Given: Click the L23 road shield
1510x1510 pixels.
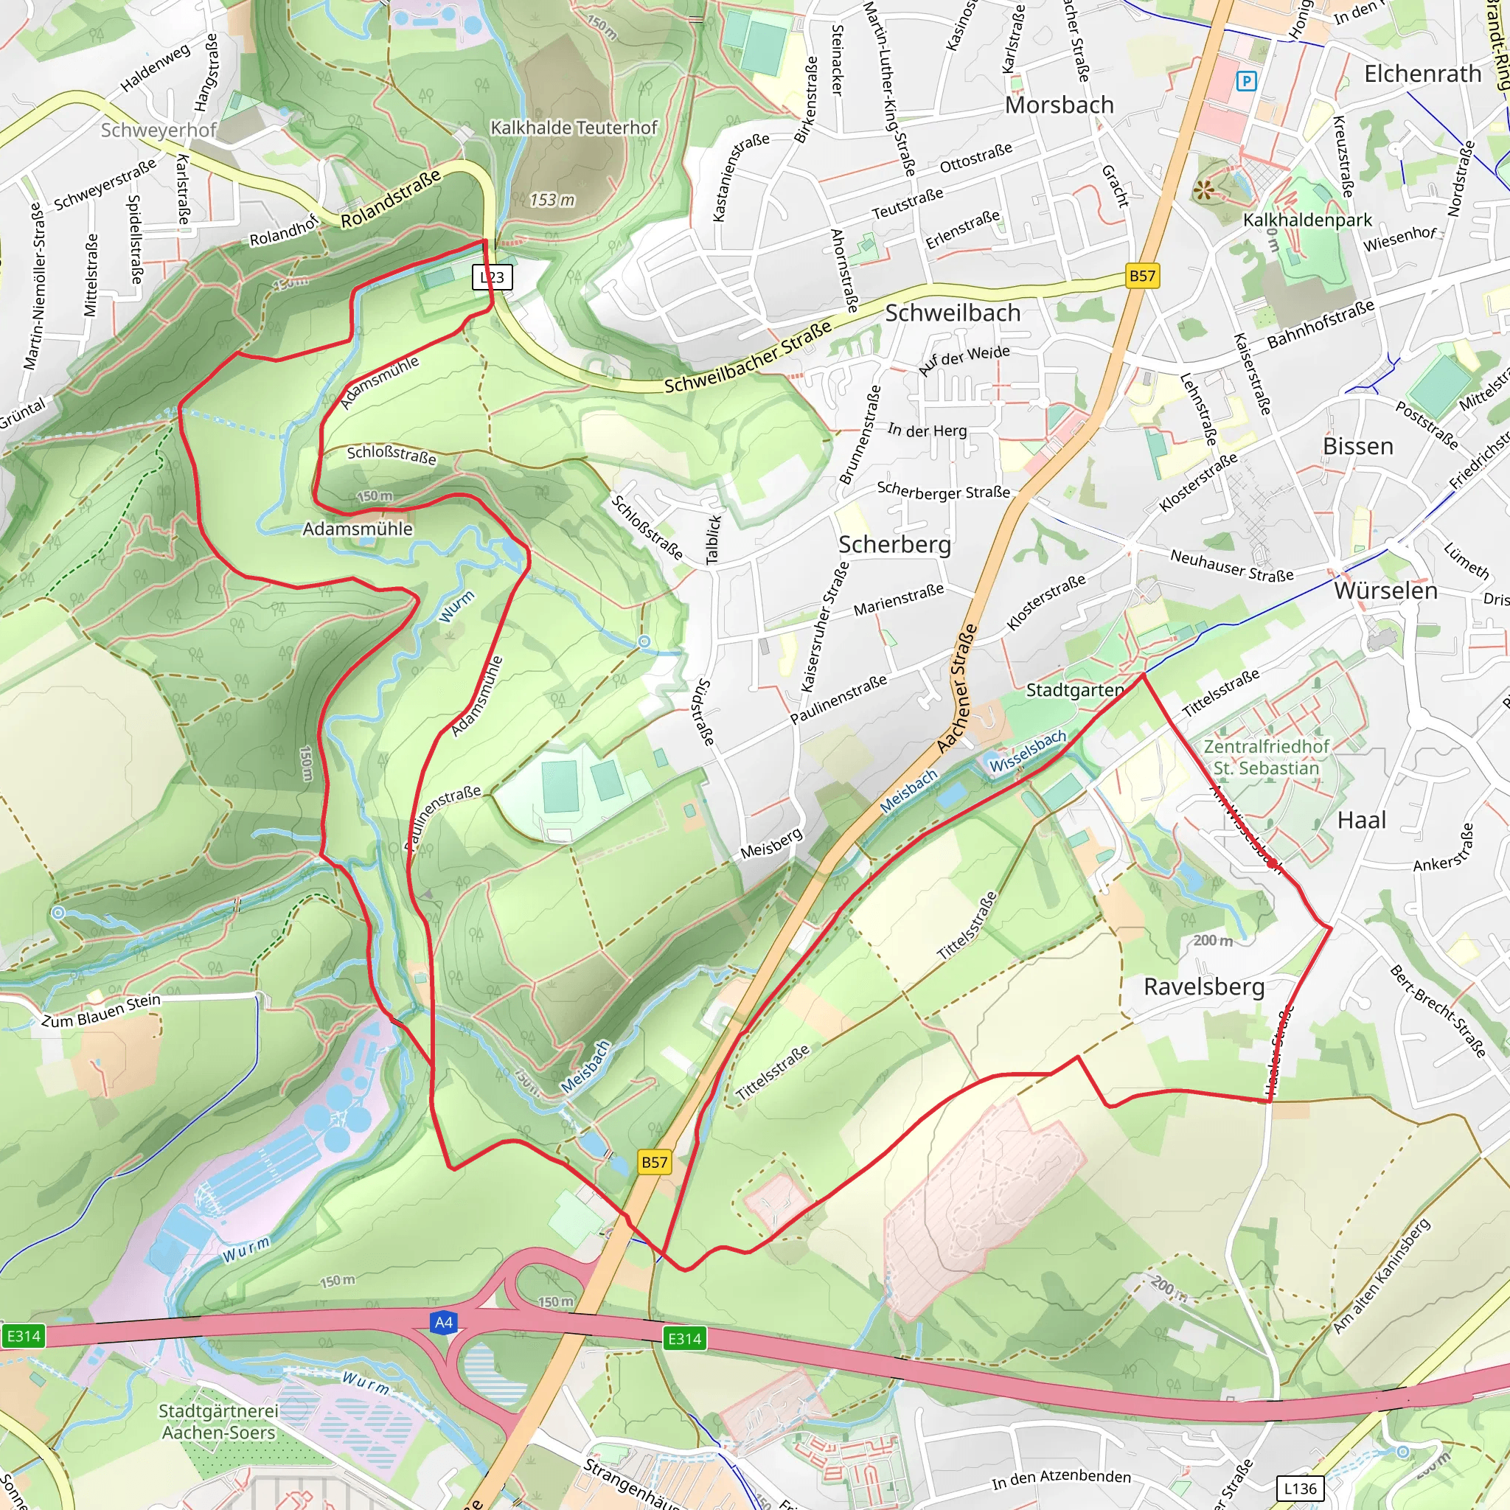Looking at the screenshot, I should click(x=492, y=276).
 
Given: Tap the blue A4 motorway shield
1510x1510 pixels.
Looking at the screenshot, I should click(x=443, y=1323).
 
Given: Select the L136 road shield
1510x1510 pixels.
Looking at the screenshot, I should click(x=1300, y=1488).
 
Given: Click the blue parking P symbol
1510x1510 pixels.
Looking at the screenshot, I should click(x=1247, y=80).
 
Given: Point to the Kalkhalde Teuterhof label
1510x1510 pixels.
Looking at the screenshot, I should click(x=574, y=128).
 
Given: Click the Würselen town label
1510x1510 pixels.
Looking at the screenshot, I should click(x=1385, y=590).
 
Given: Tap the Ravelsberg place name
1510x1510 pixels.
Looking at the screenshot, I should click(x=1203, y=987).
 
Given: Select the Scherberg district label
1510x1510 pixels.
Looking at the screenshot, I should click(x=894, y=544).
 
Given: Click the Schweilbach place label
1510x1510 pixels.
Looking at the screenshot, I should click(x=953, y=313).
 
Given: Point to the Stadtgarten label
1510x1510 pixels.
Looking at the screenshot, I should click(x=1075, y=690).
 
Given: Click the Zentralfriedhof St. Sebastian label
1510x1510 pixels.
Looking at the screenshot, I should click(x=1266, y=757).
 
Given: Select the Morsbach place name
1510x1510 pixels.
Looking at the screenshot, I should click(x=1059, y=105).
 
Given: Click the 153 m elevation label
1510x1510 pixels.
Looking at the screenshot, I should click(x=552, y=200).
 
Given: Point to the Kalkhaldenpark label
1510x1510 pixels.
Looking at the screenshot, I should click(x=1307, y=220).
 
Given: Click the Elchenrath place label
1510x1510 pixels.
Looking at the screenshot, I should click(x=1422, y=74).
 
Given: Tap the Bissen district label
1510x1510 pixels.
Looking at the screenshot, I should click(x=1357, y=446).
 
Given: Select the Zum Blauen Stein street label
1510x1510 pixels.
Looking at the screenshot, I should click(x=101, y=1011).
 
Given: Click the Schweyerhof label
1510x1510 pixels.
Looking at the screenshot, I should click(x=158, y=130).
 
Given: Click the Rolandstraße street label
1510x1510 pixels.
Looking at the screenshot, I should click(x=391, y=198).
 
